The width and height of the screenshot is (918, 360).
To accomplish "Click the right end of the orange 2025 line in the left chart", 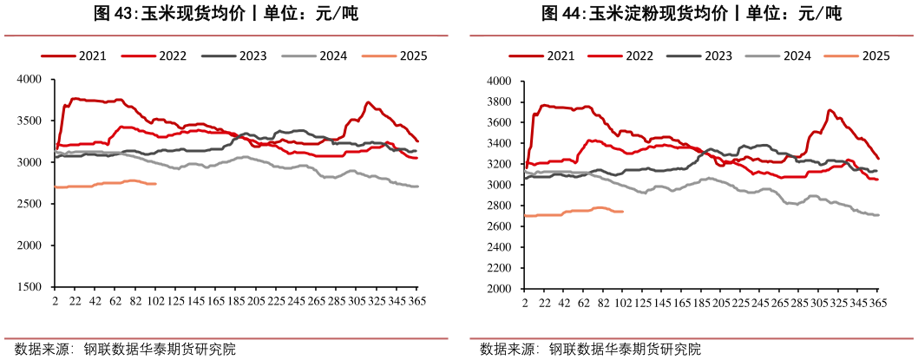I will coord(156,184).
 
